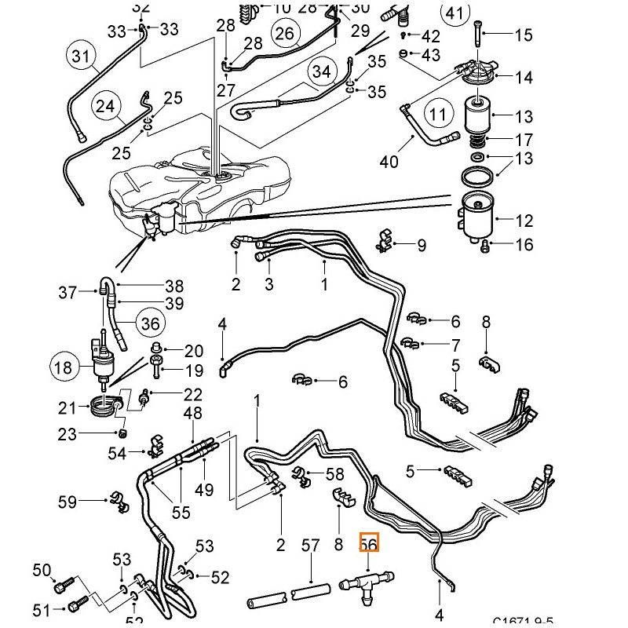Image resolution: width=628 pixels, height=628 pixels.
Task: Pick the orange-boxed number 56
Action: (x=368, y=542)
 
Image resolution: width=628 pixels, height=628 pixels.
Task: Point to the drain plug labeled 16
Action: (x=486, y=247)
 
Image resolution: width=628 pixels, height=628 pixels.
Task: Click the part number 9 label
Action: (x=422, y=246)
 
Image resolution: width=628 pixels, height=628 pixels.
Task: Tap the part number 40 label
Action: (x=389, y=162)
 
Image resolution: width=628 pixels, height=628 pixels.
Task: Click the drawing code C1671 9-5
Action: (x=524, y=619)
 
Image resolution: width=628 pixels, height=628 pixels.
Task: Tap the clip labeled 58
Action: (x=301, y=475)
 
